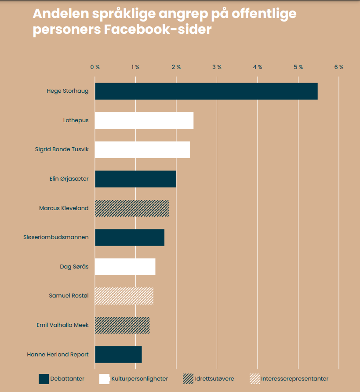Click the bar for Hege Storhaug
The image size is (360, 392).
pyautogui.click(x=206, y=91)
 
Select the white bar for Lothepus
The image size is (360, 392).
pyautogui.click(x=144, y=120)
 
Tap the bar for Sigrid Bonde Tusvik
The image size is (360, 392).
pyautogui.click(x=142, y=149)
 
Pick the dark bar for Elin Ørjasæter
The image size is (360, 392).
pyautogui.click(x=135, y=179)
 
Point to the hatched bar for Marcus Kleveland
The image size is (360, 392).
pyautogui.click(x=131, y=208)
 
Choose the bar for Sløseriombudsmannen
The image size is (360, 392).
pyautogui.click(x=129, y=237)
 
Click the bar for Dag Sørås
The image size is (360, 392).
pyautogui.click(x=125, y=267)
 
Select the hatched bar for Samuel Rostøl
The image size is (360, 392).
pyautogui.click(x=124, y=296)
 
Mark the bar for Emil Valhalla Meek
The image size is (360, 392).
pyautogui.click(x=122, y=325)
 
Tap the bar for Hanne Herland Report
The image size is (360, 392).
pyautogui.click(x=118, y=354)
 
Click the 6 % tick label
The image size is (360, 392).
pyautogui.click(x=338, y=67)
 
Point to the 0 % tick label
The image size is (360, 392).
pyautogui.click(x=95, y=67)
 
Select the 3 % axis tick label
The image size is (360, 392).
pyautogui.click(x=217, y=67)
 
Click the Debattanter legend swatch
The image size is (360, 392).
pyautogui.click(x=44, y=379)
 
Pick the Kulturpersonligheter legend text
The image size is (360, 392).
pyautogui.click(x=139, y=379)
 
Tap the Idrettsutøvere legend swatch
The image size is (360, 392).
pyautogui.click(x=188, y=379)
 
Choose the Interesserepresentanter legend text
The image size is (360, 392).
pyautogui.click(x=295, y=379)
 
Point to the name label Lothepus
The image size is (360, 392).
pyautogui.click(x=76, y=120)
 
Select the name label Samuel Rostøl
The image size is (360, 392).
pyautogui.click(x=69, y=296)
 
